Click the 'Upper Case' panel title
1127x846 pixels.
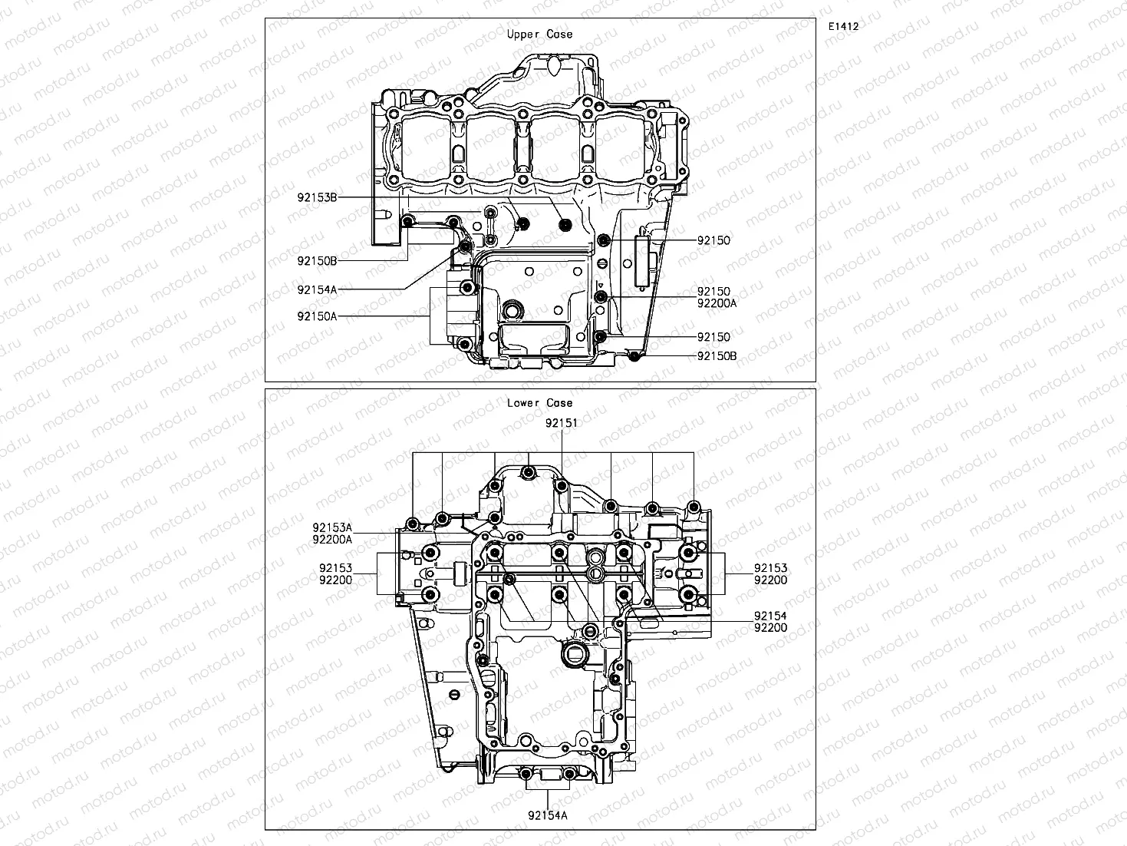pyautogui.click(x=539, y=35)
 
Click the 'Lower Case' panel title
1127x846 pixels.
pyautogui.click(x=539, y=403)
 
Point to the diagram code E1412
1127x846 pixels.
pyautogui.click(x=842, y=26)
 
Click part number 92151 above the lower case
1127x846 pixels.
pyautogui.click(x=562, y=423)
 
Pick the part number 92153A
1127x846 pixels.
pyautogui.click(x=332, y=527)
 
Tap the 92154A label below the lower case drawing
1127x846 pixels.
pyautogui.click(x=548, y=815)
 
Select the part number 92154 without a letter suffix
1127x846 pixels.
pyautogui.click(x=770, y=616)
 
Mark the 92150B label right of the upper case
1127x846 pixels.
pyautogui.click(x=717, y=356)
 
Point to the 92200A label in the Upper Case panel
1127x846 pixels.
pyautogui.click(x=717, y=303)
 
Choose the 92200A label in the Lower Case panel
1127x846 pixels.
pyautogui.click(x=332, y=539)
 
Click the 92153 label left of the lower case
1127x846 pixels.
pyautogui.click(x=336, y=568)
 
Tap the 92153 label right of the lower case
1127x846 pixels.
pyautogui.click(x=770, y=568)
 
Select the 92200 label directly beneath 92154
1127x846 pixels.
pyautogui.click(x=770, y=627)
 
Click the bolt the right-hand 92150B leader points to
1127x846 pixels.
pyautogui.click(x=634, y=355)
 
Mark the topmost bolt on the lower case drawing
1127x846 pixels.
pyautogui.click(x=527, y=472)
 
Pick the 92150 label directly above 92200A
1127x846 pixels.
pyautogui.click(x=713, y=292)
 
